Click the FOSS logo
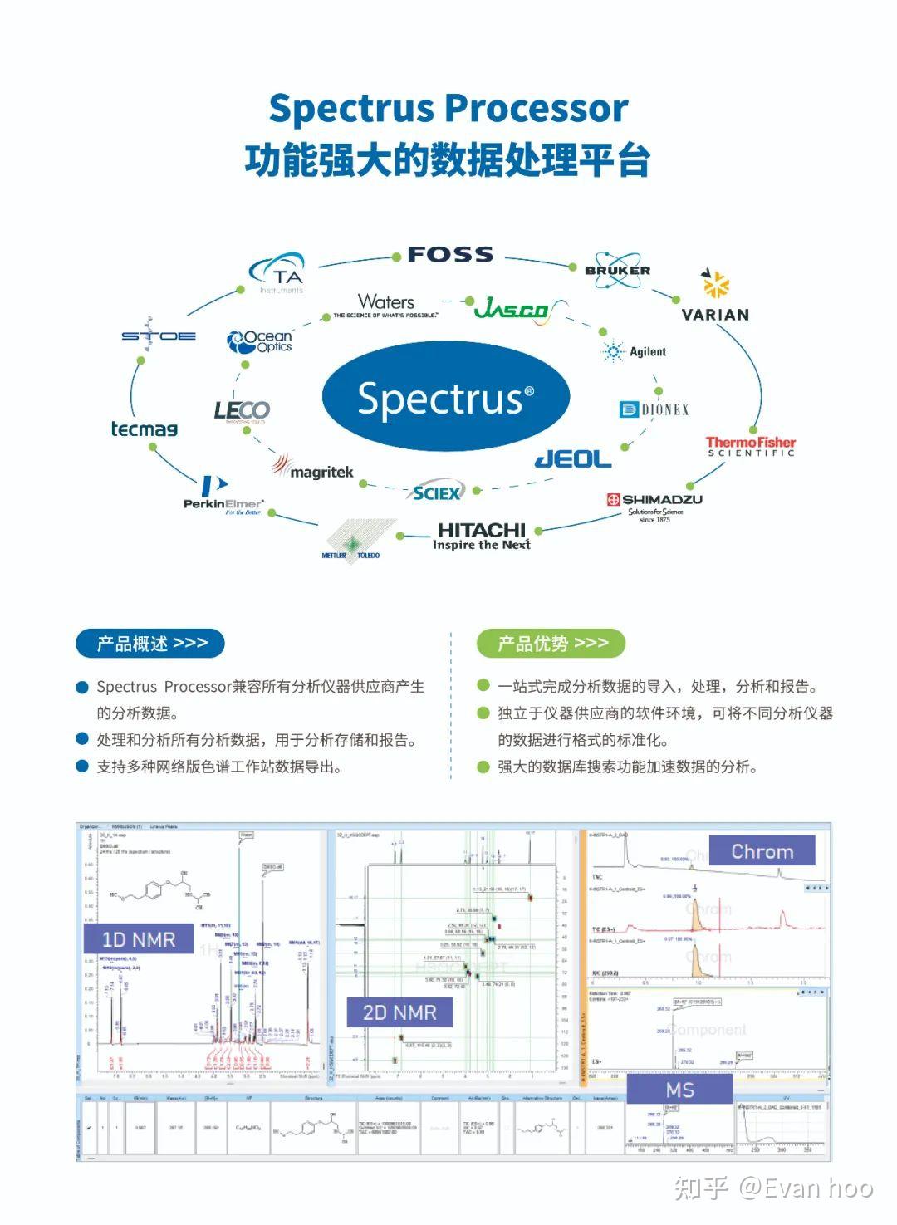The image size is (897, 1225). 450,255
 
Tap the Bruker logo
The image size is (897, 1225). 617,270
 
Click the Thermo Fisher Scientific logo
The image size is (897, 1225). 751,446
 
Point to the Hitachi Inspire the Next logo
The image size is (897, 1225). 482,536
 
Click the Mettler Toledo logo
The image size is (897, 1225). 352,541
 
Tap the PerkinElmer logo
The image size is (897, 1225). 223,497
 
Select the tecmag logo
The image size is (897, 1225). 145,429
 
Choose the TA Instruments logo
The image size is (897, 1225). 278,276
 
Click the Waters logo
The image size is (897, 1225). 386,306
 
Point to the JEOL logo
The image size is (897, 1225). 573,459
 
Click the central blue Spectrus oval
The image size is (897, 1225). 446,398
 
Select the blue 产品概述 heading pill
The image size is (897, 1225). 150,643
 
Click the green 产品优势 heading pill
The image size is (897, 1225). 551,643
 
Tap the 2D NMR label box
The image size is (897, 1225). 399,1012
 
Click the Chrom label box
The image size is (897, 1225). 762,851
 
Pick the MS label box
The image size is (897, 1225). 679,1090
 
